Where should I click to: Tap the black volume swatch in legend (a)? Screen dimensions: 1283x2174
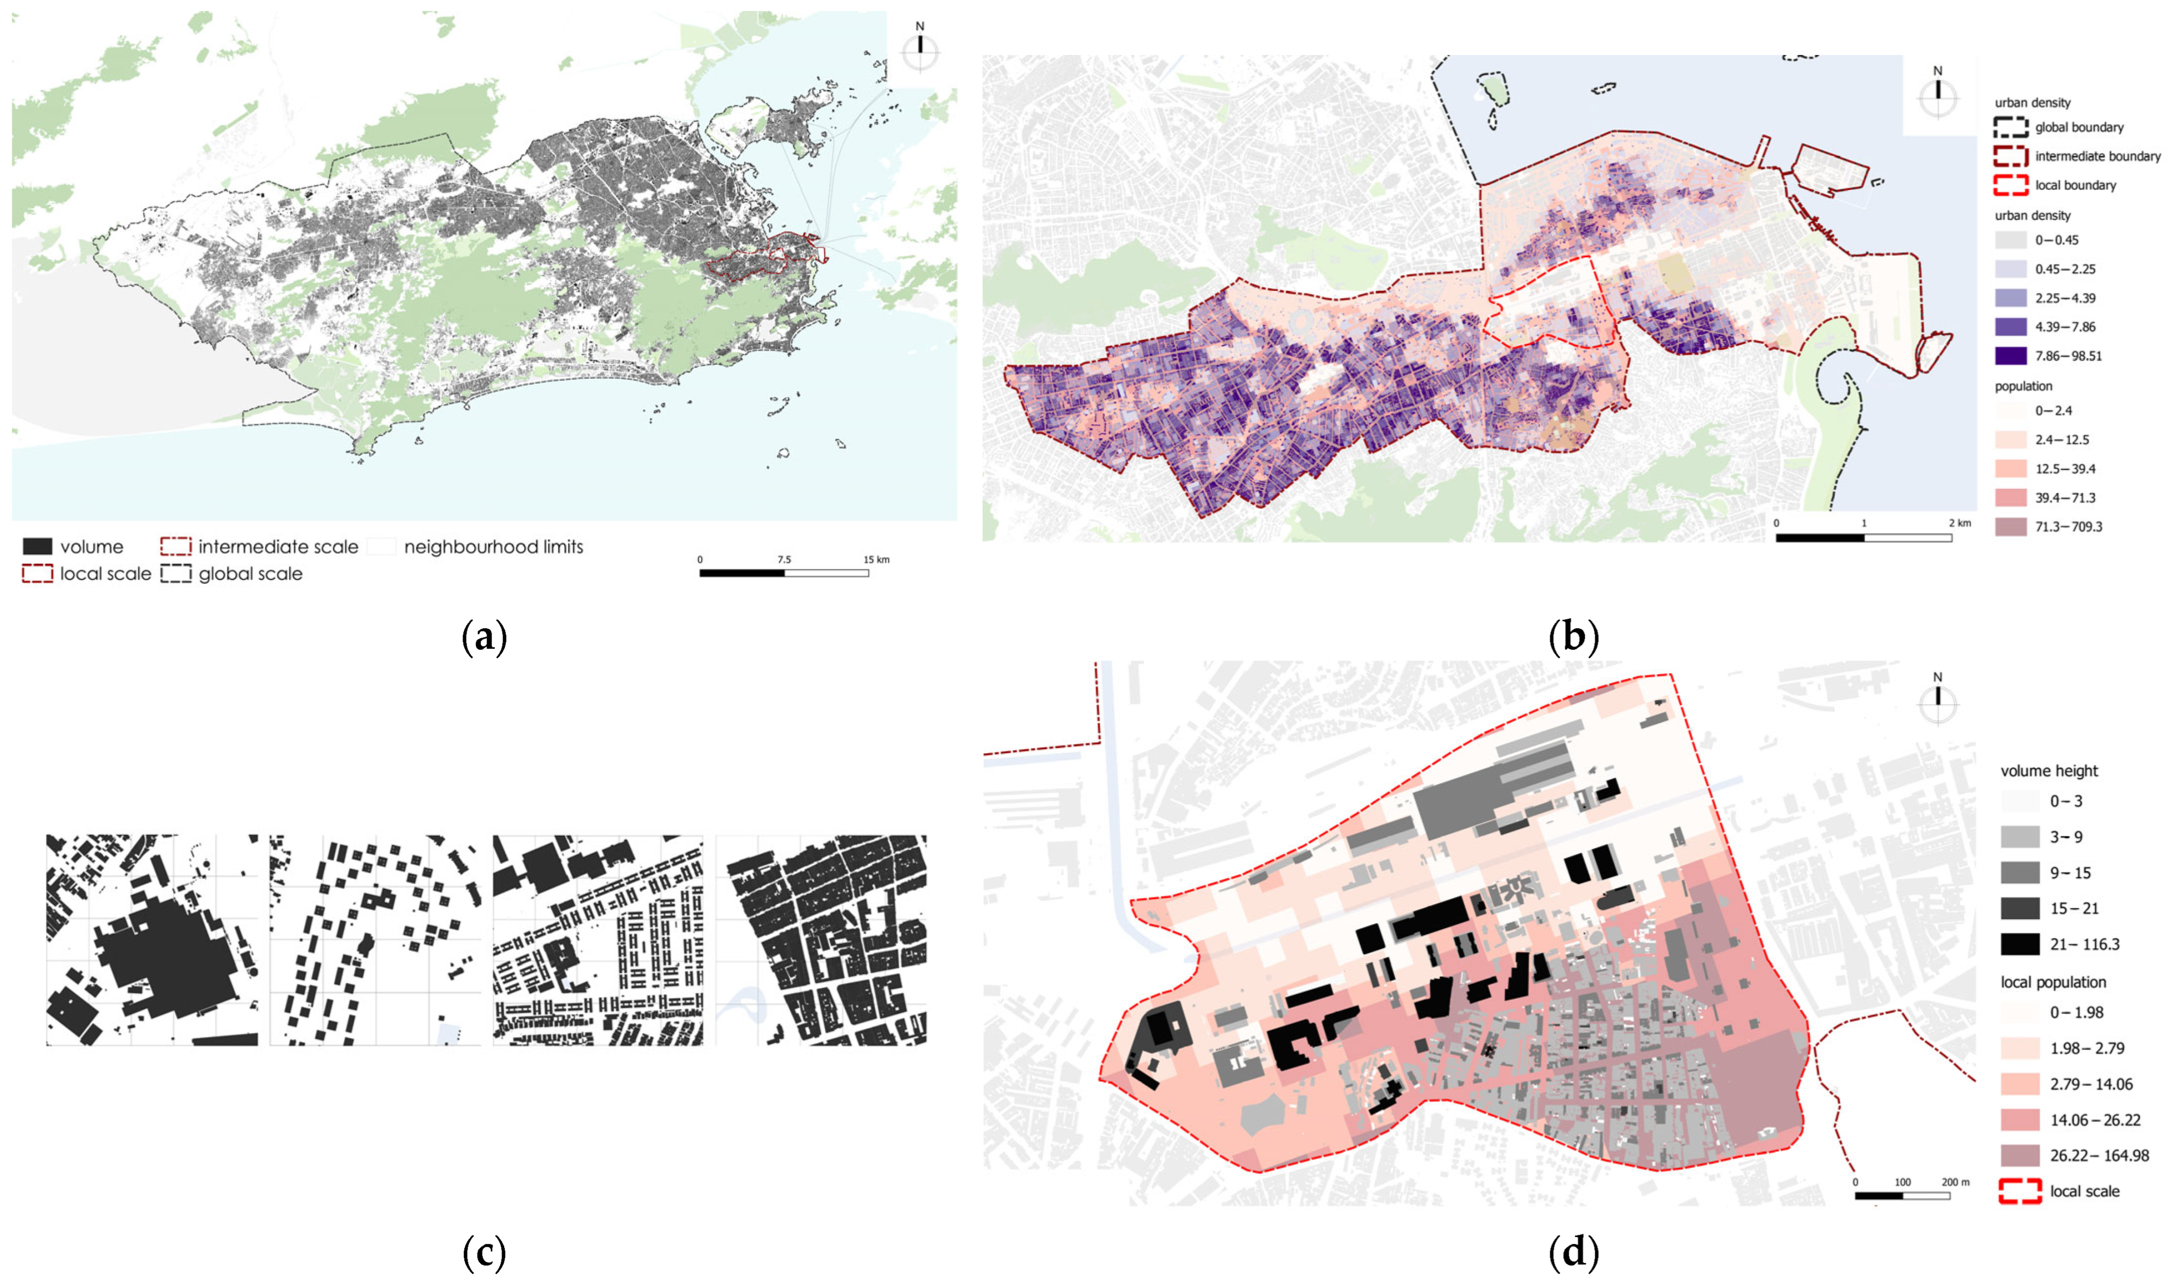37,547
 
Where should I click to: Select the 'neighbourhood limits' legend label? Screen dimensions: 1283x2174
494,547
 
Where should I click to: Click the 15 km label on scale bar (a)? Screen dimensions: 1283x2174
876,559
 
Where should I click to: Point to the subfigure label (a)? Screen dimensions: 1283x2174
484,638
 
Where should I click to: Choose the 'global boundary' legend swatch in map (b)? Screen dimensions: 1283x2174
2011,127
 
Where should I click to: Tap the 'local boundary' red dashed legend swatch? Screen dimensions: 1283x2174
2011,185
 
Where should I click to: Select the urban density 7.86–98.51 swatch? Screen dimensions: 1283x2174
2011,355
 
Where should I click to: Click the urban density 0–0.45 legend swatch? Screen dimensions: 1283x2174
2011,240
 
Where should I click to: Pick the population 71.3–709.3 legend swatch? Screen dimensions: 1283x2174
2011,527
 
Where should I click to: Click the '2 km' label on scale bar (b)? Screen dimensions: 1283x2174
1960,523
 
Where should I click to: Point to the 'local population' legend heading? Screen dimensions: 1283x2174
2053,982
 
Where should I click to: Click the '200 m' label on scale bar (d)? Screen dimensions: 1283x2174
1955,1182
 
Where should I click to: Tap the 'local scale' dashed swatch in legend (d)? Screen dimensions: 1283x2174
2020,1191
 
